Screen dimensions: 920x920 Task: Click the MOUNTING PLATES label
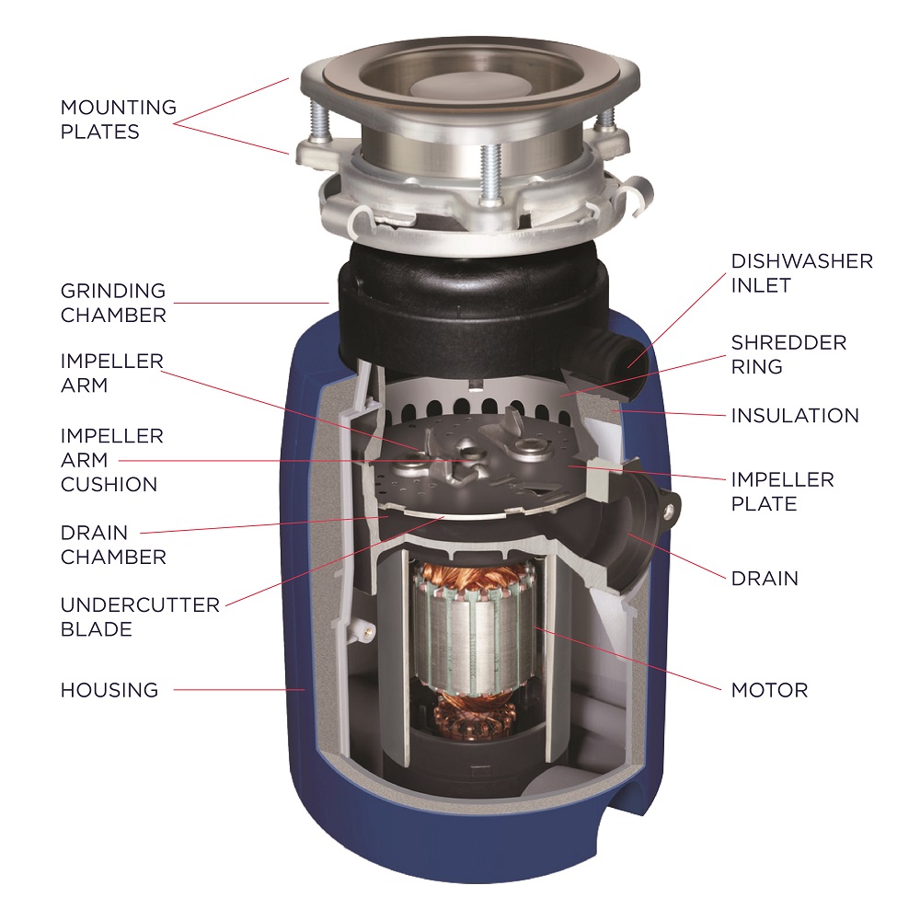point(118,120)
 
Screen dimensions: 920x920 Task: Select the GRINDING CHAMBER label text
point(112,303)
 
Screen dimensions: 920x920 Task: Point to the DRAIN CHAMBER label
point(112,545)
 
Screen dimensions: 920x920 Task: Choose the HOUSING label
point(109,689)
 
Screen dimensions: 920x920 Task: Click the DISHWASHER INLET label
point(801,272)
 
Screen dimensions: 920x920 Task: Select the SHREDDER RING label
point(788,354)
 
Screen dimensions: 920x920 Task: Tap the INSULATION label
point(795,416)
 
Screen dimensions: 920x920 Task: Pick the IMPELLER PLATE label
point(782,491)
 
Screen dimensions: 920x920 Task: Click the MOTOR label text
point(769,689)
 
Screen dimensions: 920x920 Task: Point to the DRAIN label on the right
point(765,579)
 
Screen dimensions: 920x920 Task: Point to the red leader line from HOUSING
point(239,689)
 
